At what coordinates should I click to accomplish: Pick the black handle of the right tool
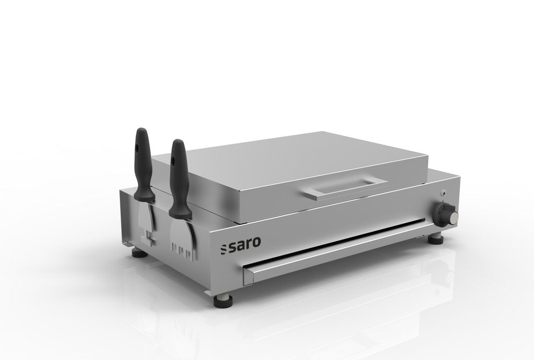coord(178,176)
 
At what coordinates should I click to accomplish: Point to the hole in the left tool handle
coord(139,146)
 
